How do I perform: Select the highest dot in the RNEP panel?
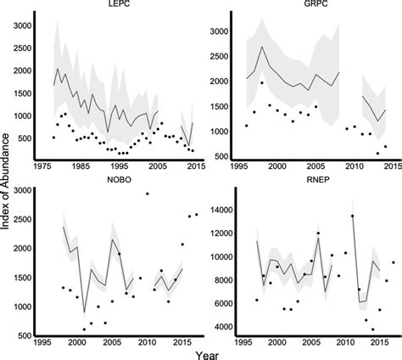click(x=352, y=217)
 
